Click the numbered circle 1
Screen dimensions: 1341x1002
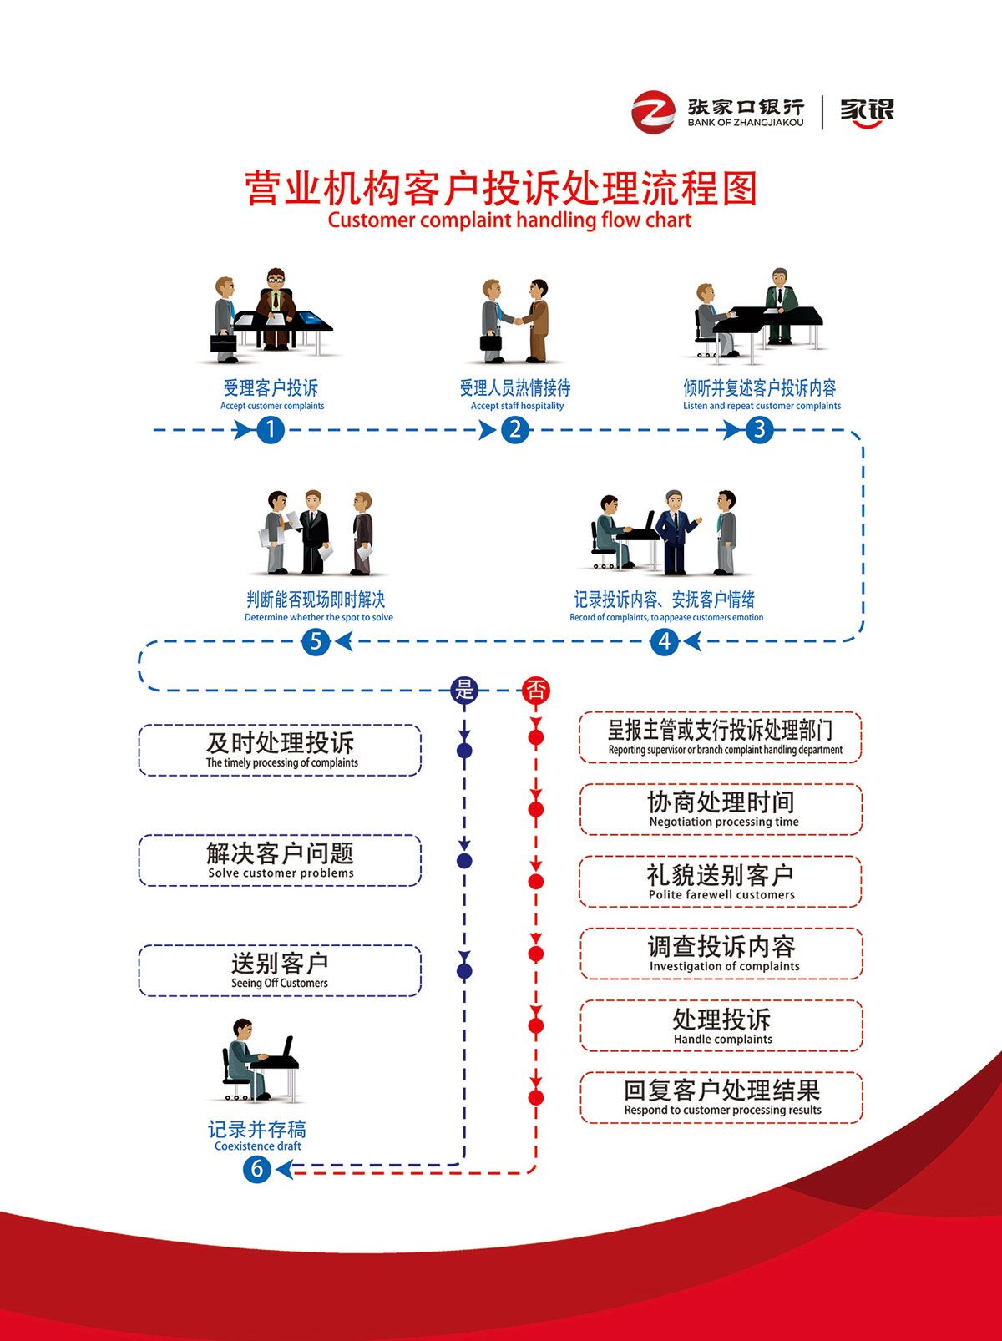pos(270,430)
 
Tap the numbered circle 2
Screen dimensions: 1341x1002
pos(515,430)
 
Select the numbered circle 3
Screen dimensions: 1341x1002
pos(759,430)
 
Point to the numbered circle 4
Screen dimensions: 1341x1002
pos(665,641)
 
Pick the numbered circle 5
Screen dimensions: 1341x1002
pos(316,641)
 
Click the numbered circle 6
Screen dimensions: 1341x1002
pos(257,1169)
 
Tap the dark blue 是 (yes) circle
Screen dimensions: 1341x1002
pos(464,690)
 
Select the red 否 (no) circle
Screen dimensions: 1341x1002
pos(536,690)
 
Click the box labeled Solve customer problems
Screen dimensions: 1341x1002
pos(280,860)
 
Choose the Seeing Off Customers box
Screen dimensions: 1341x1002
pos(280,970)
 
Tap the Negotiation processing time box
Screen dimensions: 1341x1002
pos(721,809)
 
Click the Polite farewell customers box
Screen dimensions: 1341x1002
pos(721,882)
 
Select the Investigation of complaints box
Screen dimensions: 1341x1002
pos(721,954)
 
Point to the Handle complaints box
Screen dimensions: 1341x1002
pos(721,1025)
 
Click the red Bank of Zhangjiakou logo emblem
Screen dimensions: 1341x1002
pos(653,112)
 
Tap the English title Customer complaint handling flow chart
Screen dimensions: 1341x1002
pos(509,220)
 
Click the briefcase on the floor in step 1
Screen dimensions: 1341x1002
pos(223,342)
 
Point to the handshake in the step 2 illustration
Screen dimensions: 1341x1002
pos(516,321)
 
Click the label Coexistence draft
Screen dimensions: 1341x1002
pos(257,1146)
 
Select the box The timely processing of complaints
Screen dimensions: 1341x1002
pos(280,750)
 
